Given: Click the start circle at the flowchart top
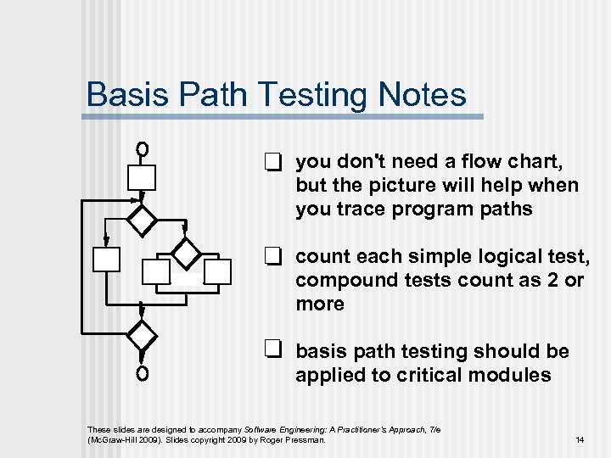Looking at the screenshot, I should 143,149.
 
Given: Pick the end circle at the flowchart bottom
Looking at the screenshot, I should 142,373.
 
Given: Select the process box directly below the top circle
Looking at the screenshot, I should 142,176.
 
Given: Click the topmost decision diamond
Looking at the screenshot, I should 143,217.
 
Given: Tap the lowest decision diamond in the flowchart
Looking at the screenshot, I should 142,334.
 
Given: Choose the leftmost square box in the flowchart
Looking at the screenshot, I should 107,259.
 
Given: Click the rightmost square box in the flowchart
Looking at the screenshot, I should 217,271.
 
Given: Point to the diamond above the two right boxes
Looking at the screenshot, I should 186,252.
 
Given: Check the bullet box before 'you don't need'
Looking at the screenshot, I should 272,162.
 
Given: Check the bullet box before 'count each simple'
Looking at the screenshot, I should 272,255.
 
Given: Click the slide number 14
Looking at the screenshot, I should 580,439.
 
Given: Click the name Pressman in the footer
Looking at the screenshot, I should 305,439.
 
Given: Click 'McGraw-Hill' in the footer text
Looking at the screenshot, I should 115,439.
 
